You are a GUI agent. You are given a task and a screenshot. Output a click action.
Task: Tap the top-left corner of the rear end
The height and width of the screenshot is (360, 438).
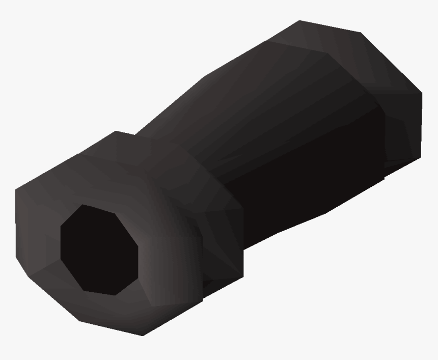coord(299,21)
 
